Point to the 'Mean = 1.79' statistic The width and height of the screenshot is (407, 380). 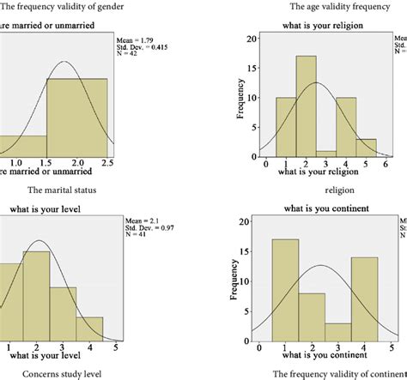pos(133,39)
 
